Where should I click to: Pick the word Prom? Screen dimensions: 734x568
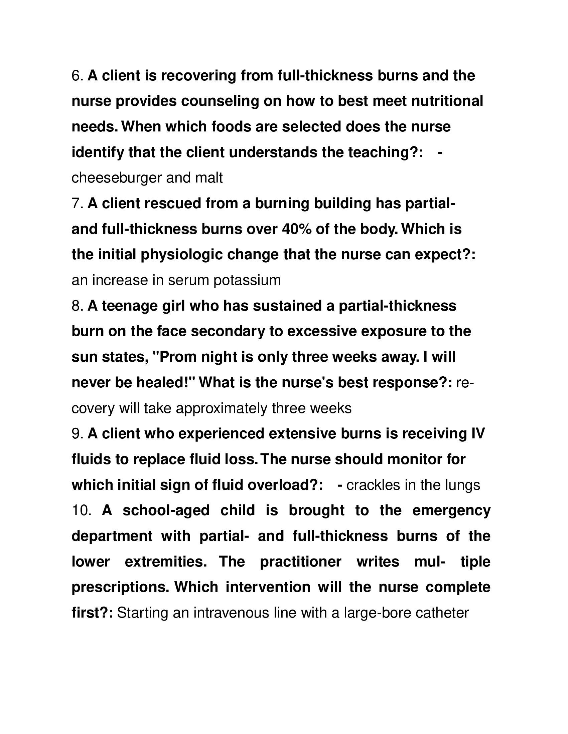pyautogui.click(x=178, y=357)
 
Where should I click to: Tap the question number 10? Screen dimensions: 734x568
pyautogui.click(x=81, y=511)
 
